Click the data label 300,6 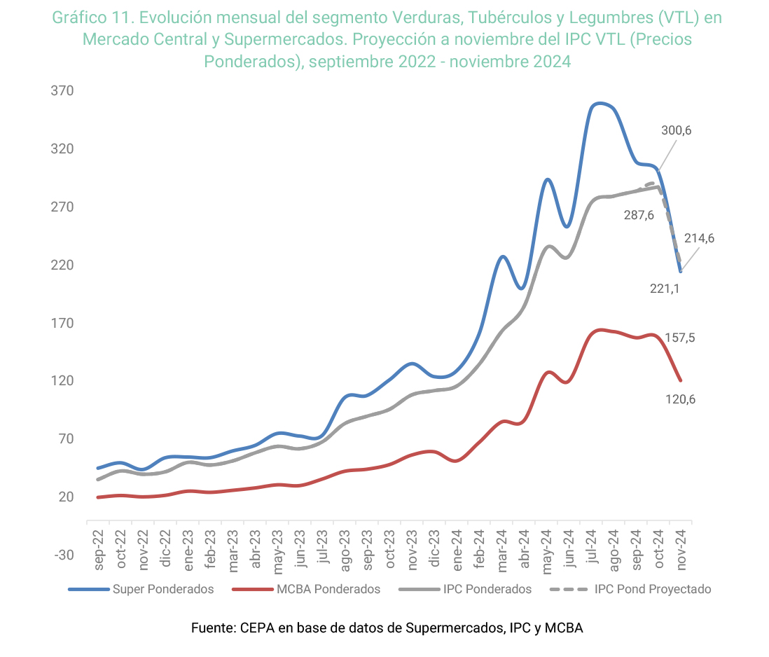point(676,130)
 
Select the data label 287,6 point(639,215)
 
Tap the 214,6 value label point(700,238)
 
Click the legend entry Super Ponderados point(162,589)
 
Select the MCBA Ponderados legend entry point(328,589)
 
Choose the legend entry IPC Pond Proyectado point(652,589)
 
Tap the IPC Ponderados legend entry point(487,589)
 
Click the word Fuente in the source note point(213,628)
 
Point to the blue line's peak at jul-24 point(600,104)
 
